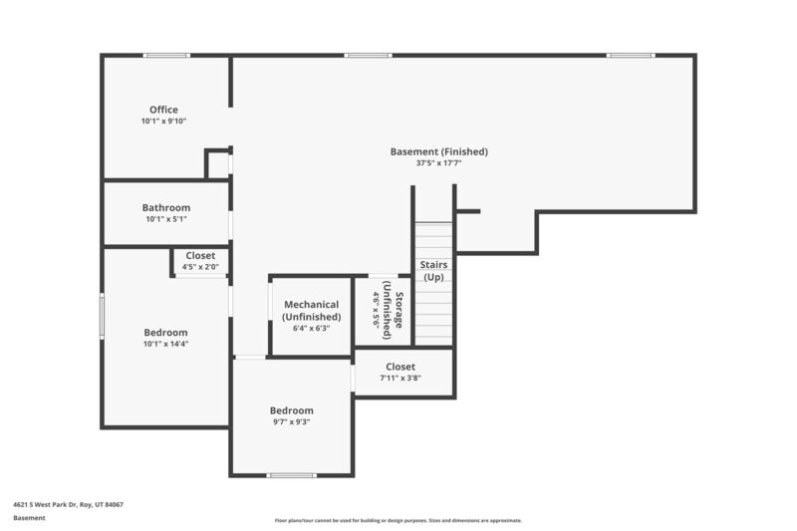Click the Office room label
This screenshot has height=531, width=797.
[x=163, y=110]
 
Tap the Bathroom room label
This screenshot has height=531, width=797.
[x=165, y=208]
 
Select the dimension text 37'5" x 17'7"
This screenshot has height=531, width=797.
[x=438, y=162]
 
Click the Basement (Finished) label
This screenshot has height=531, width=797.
[x=438, y=151]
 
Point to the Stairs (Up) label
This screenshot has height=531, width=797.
[x=433, y=270]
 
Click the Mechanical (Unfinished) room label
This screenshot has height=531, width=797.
[x=311, y=310]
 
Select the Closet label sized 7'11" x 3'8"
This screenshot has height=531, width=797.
[x=400, y=367]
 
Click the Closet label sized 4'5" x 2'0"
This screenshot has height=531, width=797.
[x=200, y=256]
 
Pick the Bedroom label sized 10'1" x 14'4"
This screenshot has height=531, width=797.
[x=165, y=333]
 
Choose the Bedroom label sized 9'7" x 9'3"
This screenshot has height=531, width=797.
[x=291, y=410]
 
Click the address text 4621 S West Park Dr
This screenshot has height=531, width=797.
[x=68, y=504]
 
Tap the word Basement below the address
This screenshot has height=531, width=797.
[x=29, y=518]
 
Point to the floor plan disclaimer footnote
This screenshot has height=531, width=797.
[x=398, y=520]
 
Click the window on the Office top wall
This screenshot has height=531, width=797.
[x=165, y=55]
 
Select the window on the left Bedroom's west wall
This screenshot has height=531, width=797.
[x=102, y=315]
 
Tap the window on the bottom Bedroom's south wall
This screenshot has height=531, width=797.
[x=292, y=475]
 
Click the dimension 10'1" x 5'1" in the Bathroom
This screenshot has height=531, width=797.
[x=165, y=219]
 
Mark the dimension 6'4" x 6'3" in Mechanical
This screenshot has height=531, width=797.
[x=311, y=328]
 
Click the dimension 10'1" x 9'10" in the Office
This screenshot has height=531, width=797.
[x=163, y=122]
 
